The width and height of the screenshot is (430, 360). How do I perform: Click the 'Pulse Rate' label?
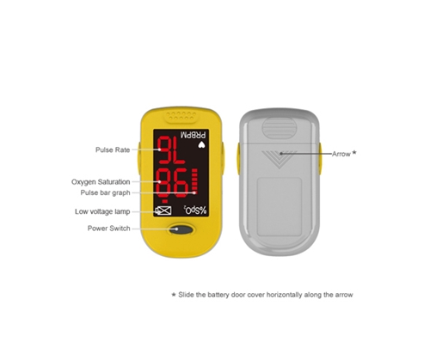coord(113,149)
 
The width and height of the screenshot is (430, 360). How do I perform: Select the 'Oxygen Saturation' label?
coord(101,182)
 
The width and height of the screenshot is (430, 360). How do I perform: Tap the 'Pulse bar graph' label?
coord(105,192)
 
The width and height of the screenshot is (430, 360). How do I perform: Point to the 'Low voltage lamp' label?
coord(102,211)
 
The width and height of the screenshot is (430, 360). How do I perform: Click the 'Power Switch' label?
coord(108,229)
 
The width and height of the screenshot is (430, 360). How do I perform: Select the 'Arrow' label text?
coord(341,154)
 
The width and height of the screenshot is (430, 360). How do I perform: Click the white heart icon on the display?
coord(202,145)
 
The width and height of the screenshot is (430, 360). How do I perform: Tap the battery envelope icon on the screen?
coord(163,211)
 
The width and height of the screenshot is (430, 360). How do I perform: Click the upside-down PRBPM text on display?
coord(194,135)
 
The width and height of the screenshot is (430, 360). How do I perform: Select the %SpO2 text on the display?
coord(195,211)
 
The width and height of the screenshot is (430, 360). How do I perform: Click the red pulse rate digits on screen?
coord(171,150)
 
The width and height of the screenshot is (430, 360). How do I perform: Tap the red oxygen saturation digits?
coord(173,183)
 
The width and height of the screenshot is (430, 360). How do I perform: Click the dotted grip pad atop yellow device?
coord(181,116)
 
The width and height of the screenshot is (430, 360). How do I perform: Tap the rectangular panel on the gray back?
coord(279,206)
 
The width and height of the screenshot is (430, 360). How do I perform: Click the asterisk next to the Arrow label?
coord(354,153)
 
